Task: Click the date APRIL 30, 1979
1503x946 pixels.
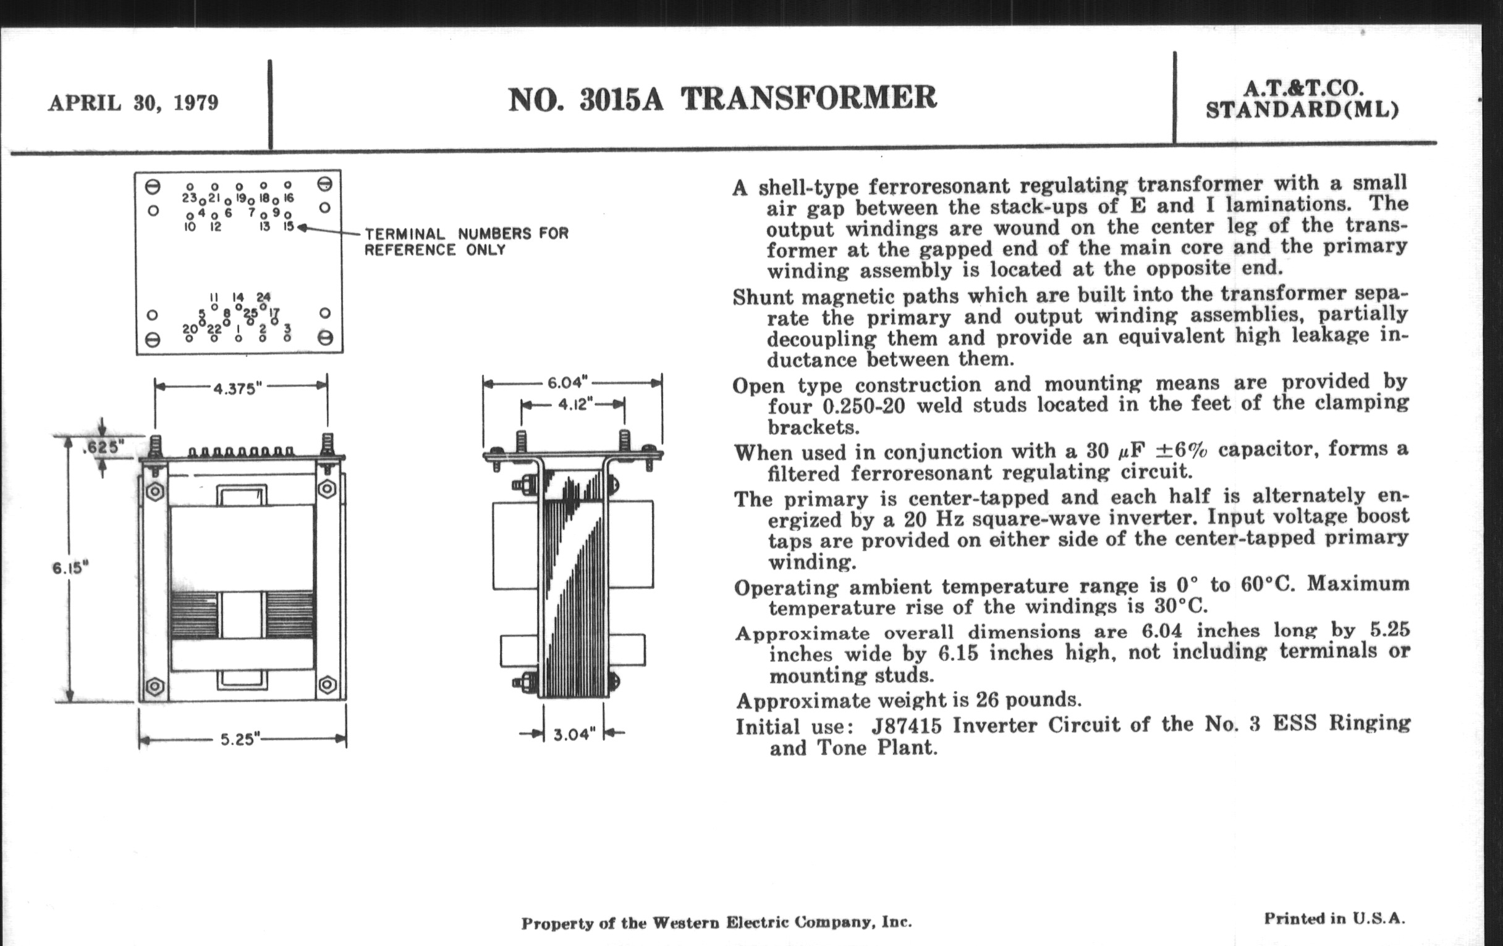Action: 133,103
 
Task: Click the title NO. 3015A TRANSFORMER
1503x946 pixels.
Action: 722,99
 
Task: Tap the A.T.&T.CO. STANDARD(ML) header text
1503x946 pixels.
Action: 1302,100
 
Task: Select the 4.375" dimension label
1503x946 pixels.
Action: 235,389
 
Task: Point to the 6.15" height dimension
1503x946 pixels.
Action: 70,568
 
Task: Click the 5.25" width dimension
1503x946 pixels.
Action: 240,739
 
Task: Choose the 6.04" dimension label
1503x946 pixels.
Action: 568,382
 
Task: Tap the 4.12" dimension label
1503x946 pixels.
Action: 574,404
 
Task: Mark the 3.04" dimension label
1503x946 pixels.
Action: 574,735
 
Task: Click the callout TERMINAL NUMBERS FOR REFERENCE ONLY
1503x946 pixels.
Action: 467,242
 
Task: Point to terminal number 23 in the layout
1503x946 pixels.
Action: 190,197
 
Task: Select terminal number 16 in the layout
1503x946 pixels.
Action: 288,197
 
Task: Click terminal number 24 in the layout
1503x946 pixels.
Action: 263,297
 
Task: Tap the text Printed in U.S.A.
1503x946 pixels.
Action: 1334,919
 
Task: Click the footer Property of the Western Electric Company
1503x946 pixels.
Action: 716,923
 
